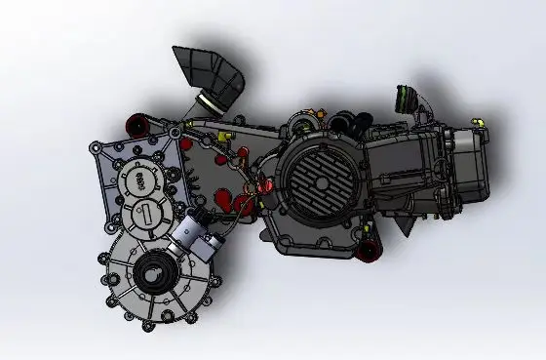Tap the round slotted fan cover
[x=316, y=185]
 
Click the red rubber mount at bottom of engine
[x=370, y=251]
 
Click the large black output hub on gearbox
[x=153, y=274]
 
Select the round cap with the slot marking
[x=144, y=216]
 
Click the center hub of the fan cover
[x=316, y=186]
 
